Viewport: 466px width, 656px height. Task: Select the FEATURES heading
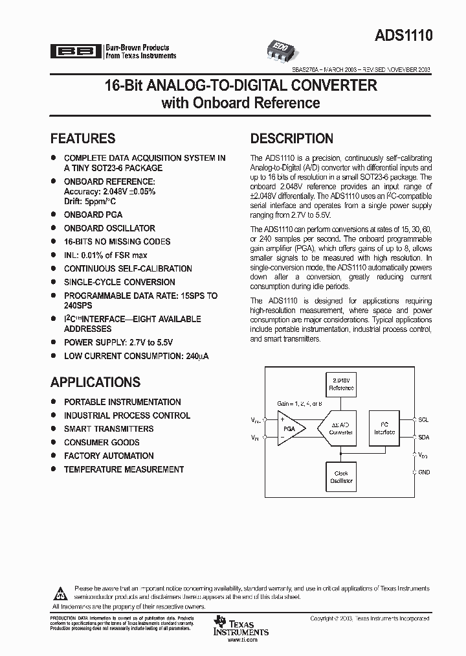pyautogui.click(x=83, y=138)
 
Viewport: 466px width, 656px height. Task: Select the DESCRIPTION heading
pyautogui.click(x=292, y=138)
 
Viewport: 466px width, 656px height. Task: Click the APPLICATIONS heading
pyautogui.click(x=95, y=382)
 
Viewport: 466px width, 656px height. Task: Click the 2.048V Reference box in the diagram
pyautogui.click(x=341, y=384)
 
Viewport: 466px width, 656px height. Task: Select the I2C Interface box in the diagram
pyautogui.click(x=384, y=428)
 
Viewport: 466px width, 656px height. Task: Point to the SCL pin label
pyautogui.click(x=423, y=419)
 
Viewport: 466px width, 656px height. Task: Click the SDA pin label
pyautogui.click(x=423, y=437)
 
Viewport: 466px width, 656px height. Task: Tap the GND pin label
pyautogui.click(x=424, y=473)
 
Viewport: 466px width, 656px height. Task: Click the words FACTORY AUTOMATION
pyautogui.click(x=109, y=456)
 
